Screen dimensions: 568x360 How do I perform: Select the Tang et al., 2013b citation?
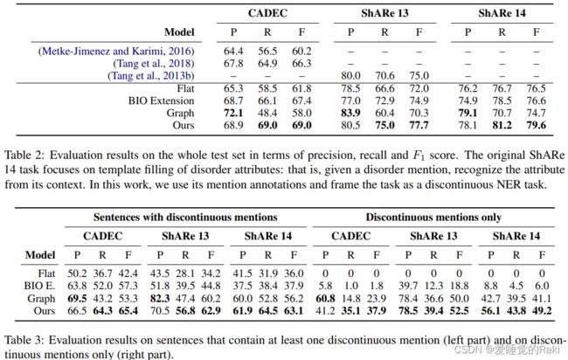(x=151, y=76)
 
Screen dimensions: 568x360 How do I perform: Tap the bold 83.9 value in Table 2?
(x=350, y=113)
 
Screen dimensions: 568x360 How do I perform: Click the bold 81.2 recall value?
(x=502, y=125)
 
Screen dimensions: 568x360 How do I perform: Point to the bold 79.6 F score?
(x=537, y=125)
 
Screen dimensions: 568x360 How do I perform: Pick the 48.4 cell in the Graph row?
(x=267, y=113)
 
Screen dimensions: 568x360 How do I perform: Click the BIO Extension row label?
(x=161, y=100)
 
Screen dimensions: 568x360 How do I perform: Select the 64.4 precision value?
(x=233, y=51)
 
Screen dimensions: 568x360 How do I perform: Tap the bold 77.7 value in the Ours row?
(x=419, y=125)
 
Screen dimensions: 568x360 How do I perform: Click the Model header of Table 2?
(x=179, y=32)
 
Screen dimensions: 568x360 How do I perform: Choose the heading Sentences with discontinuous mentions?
(x=185, y=217)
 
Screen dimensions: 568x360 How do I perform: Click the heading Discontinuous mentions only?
(x=433, y=217)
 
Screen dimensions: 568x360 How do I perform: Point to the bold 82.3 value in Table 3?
(x=160, y=299)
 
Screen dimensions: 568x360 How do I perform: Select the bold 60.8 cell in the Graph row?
(x=325, y=299)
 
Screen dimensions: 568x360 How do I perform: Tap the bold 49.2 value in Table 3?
(x=542, y=311)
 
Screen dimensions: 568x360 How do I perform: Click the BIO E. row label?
(x=40, y=286)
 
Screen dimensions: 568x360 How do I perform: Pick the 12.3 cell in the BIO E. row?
(x=433, y=286)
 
